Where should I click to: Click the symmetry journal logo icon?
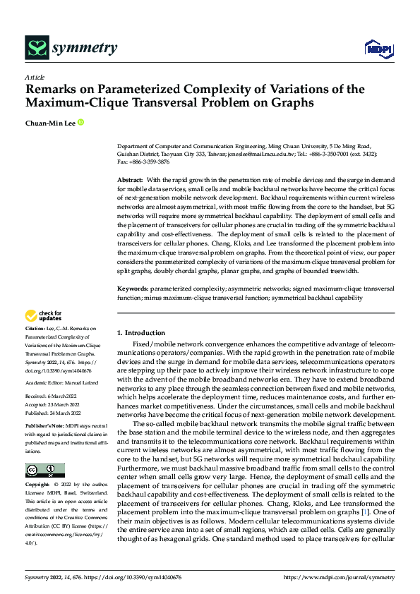point(36,48)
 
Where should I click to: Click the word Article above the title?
point(34,77)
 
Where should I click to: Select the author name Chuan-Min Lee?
point(49,123)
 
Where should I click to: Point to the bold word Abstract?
point(129,181)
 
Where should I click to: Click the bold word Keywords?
point(133,289)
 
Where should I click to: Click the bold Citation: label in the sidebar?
point(35,329)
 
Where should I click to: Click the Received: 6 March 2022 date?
point(52,397)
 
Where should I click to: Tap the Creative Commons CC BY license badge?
point(45,471)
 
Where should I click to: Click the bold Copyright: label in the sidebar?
point(38,485)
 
